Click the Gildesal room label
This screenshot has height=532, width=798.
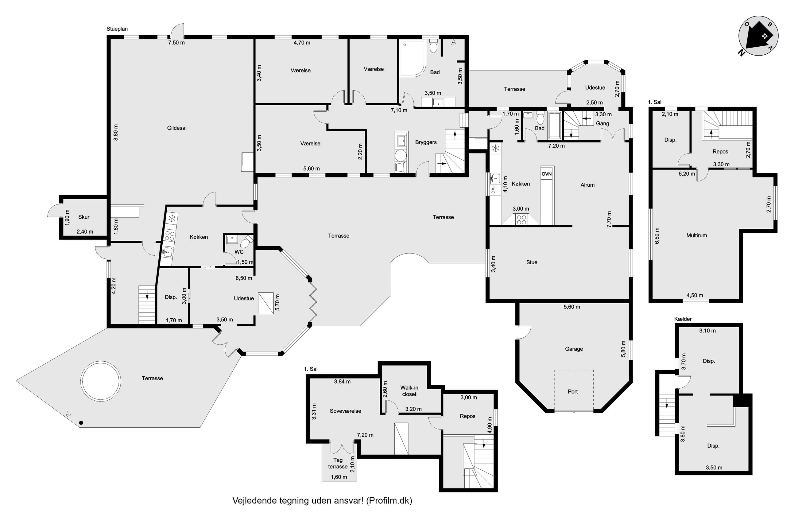click(x=177, y=128)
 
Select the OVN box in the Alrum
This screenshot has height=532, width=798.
click(x=546, y=174)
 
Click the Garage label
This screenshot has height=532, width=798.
click(x=574, y=349)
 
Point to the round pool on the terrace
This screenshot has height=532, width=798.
click(x=101, y=381)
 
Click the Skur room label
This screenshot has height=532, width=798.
click(x=84, y=217)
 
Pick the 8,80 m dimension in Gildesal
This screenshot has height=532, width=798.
click(x=116, y=132)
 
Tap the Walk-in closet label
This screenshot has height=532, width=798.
click(x=409, y=391)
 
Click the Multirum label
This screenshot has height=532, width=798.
click(x=697, y=235)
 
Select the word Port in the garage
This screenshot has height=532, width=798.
click(x=573, y=391)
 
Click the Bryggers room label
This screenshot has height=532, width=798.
click(x=426, y=142)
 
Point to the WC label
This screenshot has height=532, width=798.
click(x=239, y=252)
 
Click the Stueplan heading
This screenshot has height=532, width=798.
click(x=117, y=29)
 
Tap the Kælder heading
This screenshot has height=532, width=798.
click(x=683, y=319)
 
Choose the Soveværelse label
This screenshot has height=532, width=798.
click(x=345, y=411)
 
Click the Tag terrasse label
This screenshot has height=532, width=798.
click(x=338, y=464)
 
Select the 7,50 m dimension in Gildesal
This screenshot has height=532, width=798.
click(x=177, y=43)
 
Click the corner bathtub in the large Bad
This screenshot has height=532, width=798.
click(x=413, y=58)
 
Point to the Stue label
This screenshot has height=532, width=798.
click(x=532, y=262)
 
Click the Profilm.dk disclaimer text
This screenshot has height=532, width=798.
click(x=322, y=500)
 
